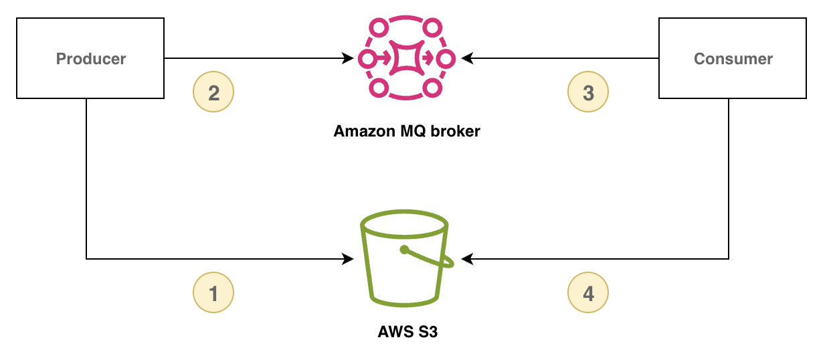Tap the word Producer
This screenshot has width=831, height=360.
pos(91,59)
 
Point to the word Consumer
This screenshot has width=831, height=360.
pos(733,59)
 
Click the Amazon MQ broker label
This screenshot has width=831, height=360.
pos(407,131)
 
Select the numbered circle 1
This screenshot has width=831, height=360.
pos(213,293)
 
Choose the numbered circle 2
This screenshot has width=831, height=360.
pos(213,92)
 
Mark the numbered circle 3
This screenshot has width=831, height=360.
pos(588,92)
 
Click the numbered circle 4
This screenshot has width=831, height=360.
pos(588,293)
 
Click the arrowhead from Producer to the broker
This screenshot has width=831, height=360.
pos(348,59)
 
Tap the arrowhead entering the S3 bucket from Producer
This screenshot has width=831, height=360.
pos(348,258)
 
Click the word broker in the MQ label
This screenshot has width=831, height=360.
pos(458,131)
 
